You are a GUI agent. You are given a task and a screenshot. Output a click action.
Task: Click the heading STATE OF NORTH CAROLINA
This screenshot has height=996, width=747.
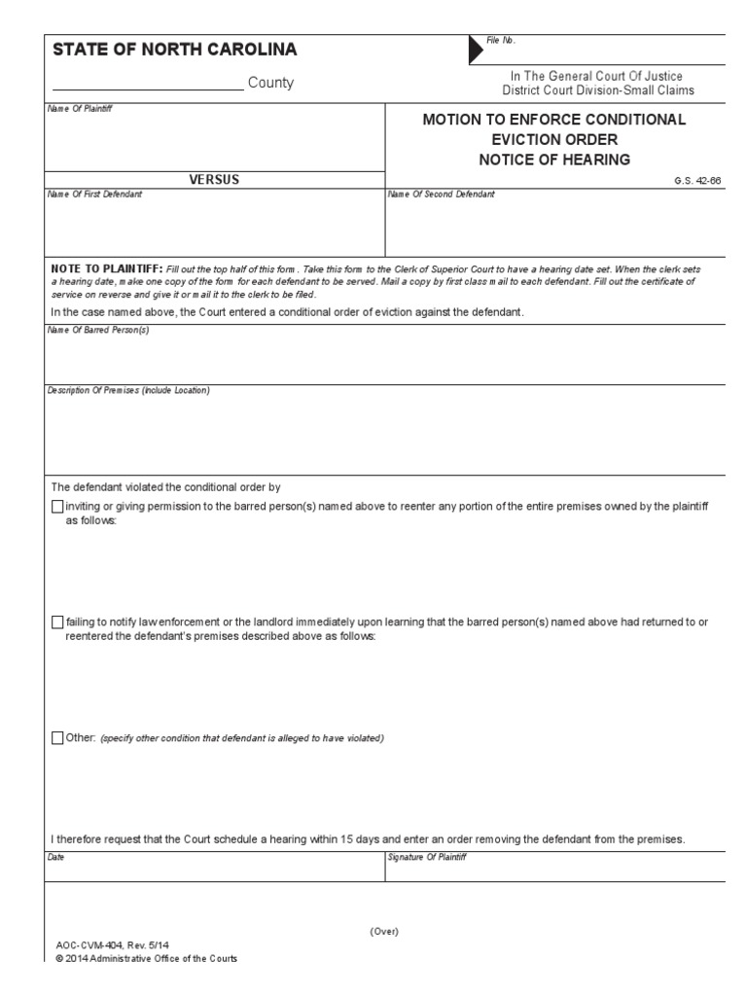click(173, 51)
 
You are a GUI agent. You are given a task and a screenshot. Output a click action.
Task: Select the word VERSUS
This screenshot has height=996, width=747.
click(215, 179)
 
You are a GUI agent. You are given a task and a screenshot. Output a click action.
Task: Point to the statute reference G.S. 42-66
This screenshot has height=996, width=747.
click(696, 181)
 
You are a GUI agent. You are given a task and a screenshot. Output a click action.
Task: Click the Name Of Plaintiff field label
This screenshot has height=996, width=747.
click(81, 108)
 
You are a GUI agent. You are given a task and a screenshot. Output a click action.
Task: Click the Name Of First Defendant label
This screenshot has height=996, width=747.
click(95, 195)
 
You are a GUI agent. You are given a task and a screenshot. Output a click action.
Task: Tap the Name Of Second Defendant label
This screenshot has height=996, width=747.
click(441, 195)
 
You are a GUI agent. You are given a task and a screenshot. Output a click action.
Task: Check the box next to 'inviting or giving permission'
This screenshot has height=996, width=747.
click(56, 507)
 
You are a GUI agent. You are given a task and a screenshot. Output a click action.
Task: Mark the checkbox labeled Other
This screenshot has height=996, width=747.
click(56, 738)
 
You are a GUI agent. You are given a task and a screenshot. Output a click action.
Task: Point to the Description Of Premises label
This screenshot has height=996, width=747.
click(128, 391)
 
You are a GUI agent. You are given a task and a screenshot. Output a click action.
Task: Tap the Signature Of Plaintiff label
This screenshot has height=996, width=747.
click(428, 857)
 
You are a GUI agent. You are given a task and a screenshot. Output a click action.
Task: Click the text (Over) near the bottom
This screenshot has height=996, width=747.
click(384, 931)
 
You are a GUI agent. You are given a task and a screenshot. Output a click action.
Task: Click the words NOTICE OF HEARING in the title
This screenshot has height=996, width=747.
click(553, 159)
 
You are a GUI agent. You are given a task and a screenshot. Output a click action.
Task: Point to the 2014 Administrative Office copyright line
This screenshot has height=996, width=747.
click(147, 958)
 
